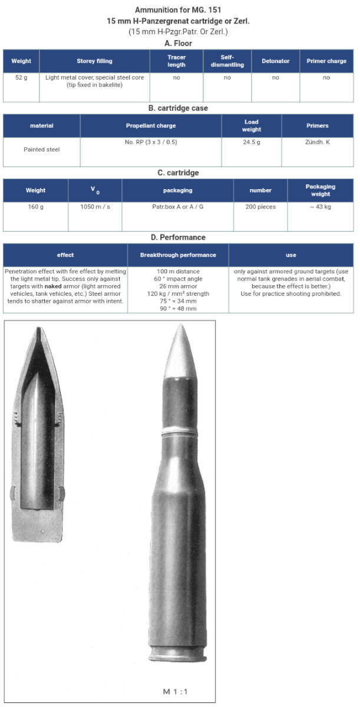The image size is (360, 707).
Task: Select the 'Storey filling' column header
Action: click(94, 61)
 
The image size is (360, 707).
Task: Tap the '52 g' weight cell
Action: click(21, 77)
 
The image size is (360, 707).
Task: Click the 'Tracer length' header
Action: click(176, 61)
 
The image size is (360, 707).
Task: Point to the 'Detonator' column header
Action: click(275, 61)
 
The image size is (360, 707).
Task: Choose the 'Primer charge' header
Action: click(326, 61)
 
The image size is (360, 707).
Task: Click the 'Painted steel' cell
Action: click(42, 149)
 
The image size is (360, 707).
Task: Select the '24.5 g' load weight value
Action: click(252, 142)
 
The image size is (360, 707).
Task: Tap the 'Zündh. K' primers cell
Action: click(317, 142)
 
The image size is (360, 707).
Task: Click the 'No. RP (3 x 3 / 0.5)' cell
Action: click(150, 142)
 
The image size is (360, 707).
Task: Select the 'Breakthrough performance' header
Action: click(178, 255)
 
